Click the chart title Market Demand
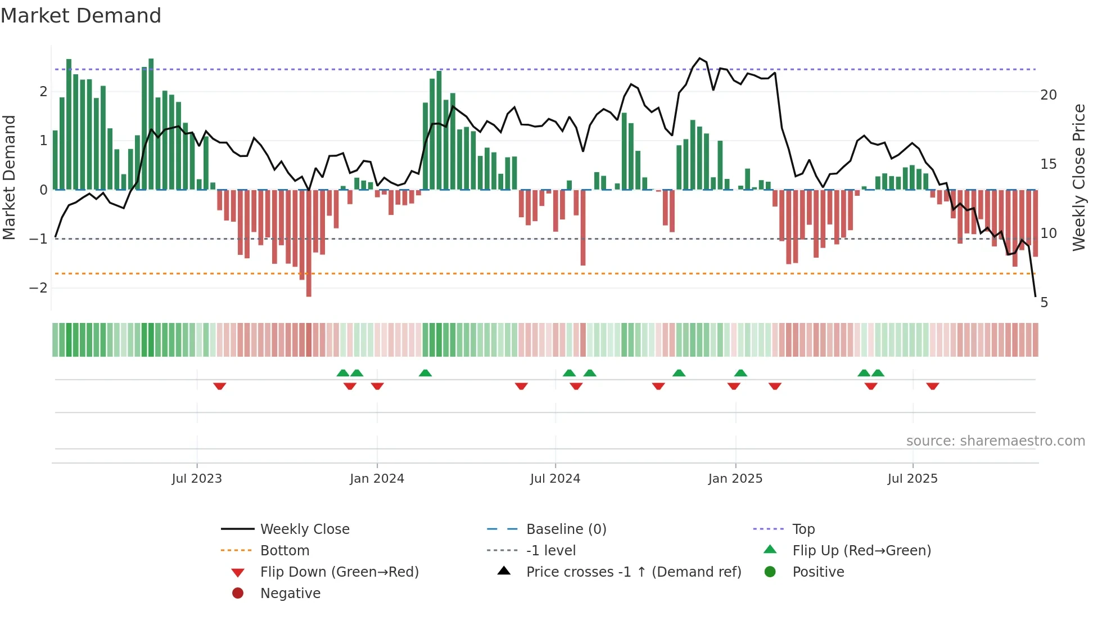pos(81,16)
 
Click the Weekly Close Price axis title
pos(1078,177)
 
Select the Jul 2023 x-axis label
pos(197,479)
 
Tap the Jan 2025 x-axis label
pos(735,479)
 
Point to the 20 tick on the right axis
pos(1048,95)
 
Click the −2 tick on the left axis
pos(38,288)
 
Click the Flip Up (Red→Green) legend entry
pos(861,551)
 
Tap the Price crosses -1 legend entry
pos(633,572)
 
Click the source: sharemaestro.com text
pos(995,441)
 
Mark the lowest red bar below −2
pos(309,293)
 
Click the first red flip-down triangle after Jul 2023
pos(220,386)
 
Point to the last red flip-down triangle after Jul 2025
pos(933,386)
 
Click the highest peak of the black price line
pos(699,58)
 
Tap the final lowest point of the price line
pos(1035,296)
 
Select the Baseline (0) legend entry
pos(566,529)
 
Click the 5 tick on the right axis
pos(1044,303)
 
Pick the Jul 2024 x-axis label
pos(555,479)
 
